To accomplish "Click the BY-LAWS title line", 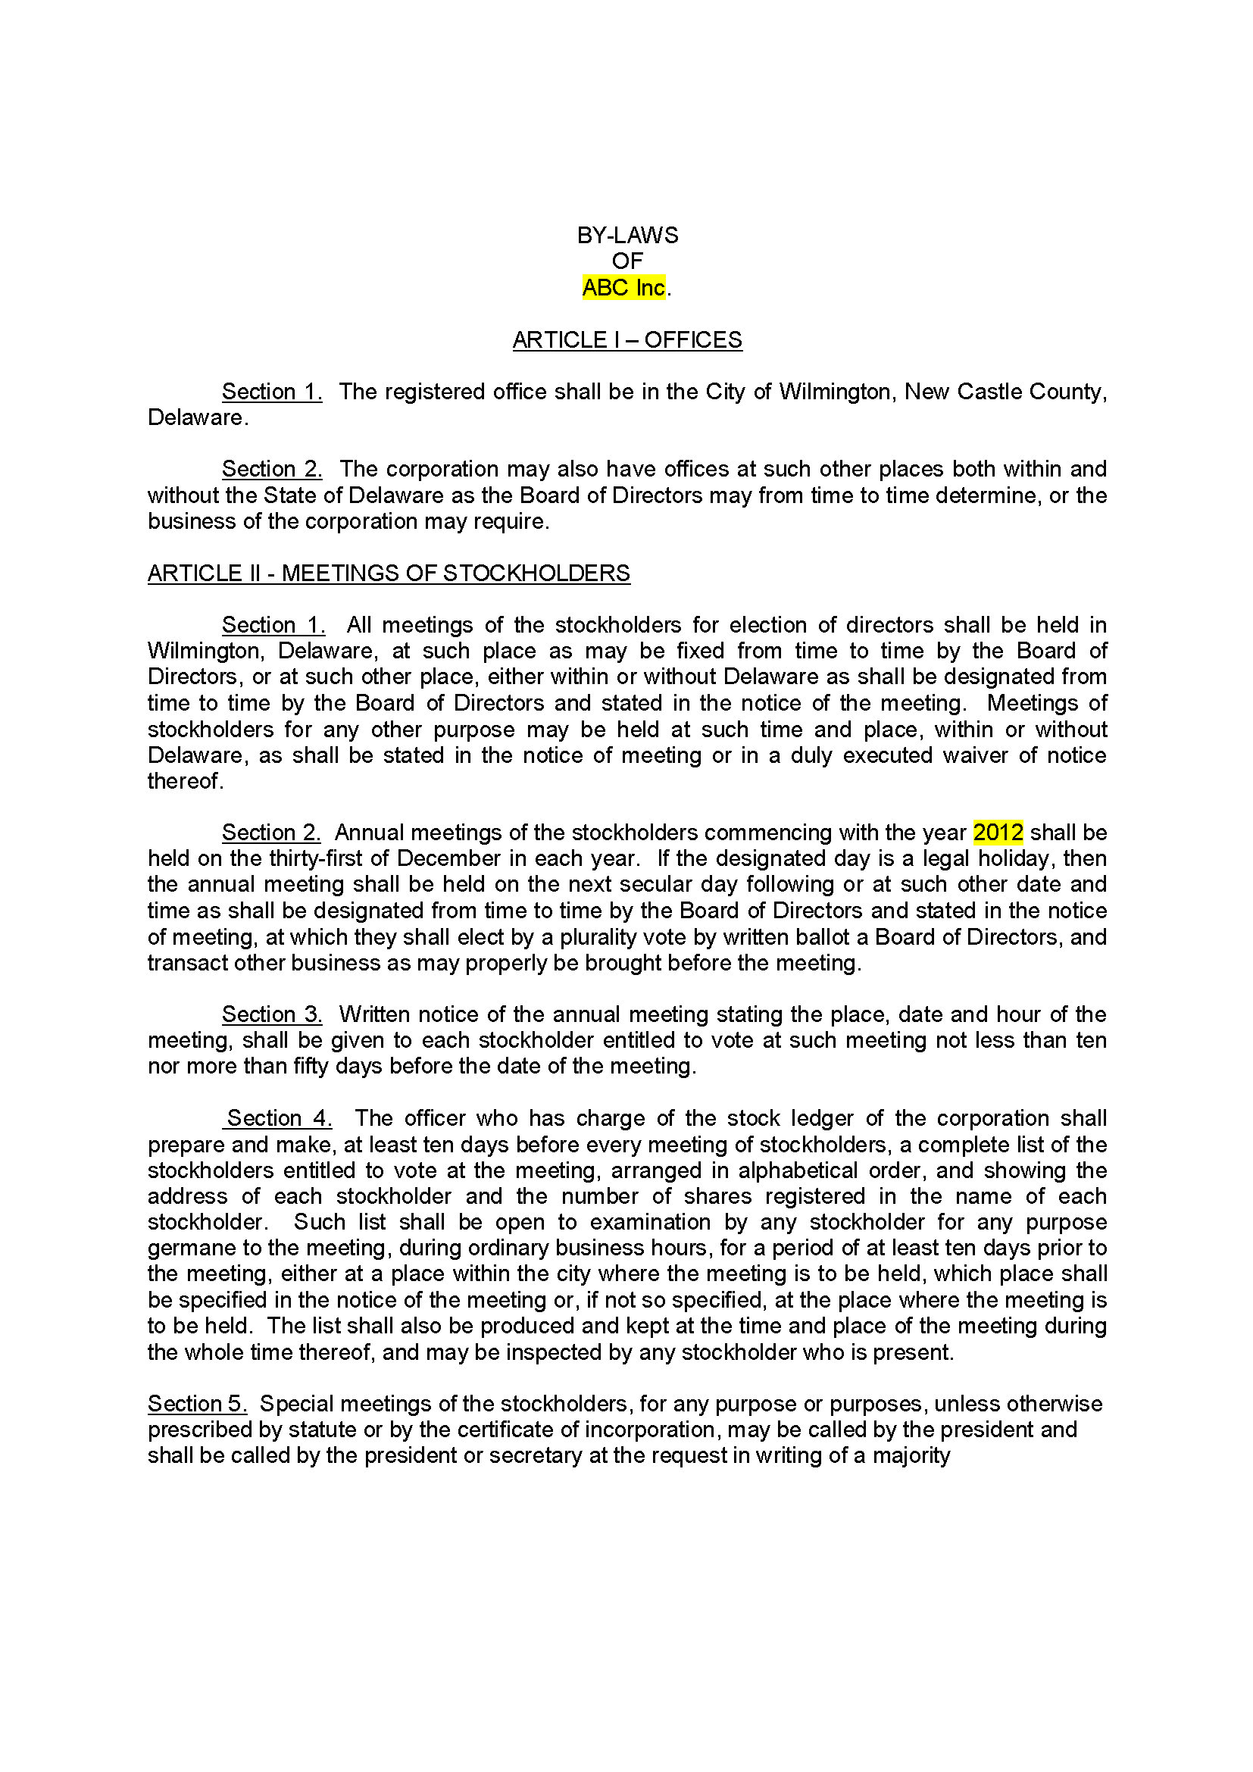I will (627, 236).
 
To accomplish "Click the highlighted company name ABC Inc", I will (623, 288).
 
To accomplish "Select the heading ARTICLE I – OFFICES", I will (627, 340).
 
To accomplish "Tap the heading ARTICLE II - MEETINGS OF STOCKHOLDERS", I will (389, 573).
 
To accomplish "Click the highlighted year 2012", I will (998, 833).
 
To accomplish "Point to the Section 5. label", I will (197, 1404).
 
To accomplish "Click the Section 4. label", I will (279, 1118).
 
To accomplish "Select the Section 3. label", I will (272, 1014).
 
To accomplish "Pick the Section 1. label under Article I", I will (272, 392).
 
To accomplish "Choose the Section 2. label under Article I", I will (272, 469).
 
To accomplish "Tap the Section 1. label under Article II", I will (273, 625).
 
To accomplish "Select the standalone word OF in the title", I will (627, 261).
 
